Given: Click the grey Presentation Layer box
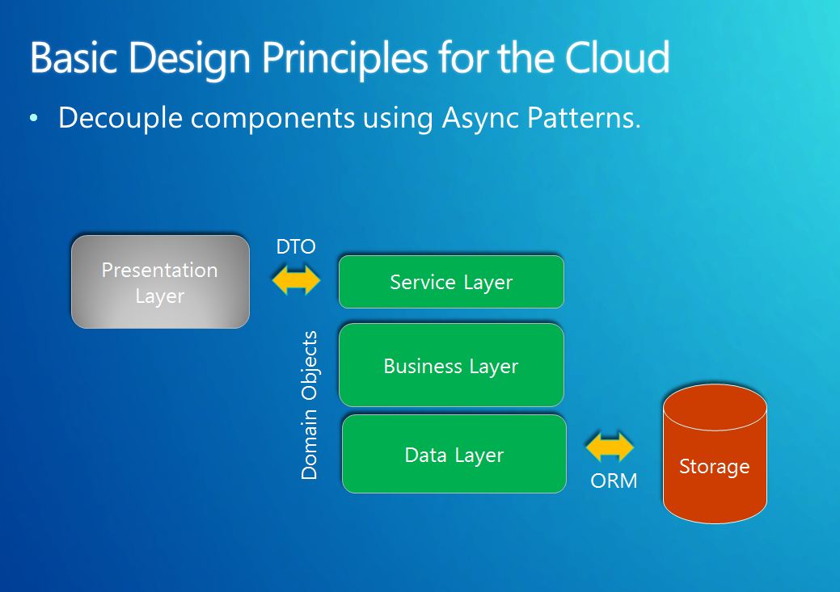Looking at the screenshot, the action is pyautogui.click(x=160, y=282).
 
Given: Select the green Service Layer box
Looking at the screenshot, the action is pyautogui.click(x=451, y=282).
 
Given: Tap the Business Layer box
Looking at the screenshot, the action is pyautogui.click(x=451, y=365).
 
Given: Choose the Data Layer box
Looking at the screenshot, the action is pyautogui.click(x=454, y=454).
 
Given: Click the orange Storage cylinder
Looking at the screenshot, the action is pyautogui.click(x=715, y=454).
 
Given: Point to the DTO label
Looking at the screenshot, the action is pyautogui.click(x=296, y=247).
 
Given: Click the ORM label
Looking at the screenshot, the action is pyautogui.click(x=614, y=481).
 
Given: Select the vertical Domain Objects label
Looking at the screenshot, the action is pyautogui.click(x=309, y=405).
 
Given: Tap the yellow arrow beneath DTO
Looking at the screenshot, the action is pyautogui.click(x=296, y=280).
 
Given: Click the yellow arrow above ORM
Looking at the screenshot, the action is pyautogui.click(x=610, y=447).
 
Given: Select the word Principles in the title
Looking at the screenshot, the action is pyautogui.click(x=344, y=60).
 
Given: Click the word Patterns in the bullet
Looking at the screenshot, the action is pyautogui.click(x=584, y=118).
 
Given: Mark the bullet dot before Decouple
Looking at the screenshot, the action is pyautogui.click(x=34, y=118).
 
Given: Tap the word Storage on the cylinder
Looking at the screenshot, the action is pyautogui.click(x=714, y=467).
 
